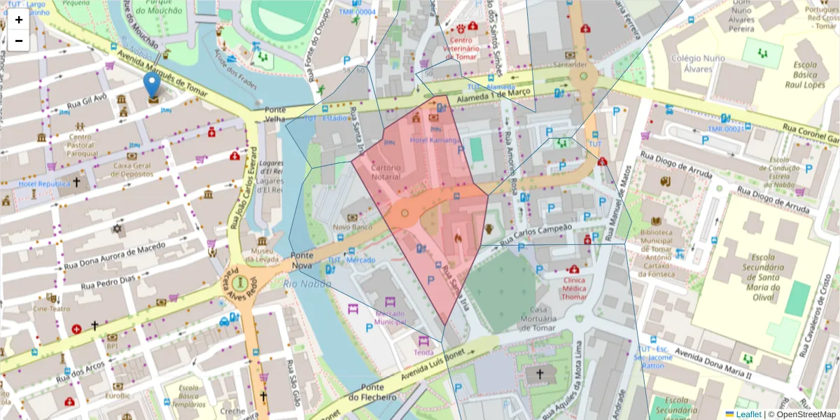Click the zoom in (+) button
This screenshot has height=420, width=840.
point(19,20)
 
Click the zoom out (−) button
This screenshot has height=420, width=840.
point(19,41)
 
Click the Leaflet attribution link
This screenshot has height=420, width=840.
point(748,414)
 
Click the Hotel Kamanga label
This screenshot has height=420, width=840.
point(435,141)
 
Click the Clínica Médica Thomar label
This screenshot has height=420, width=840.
point(575,288)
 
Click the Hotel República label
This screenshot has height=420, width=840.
point(44,183)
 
